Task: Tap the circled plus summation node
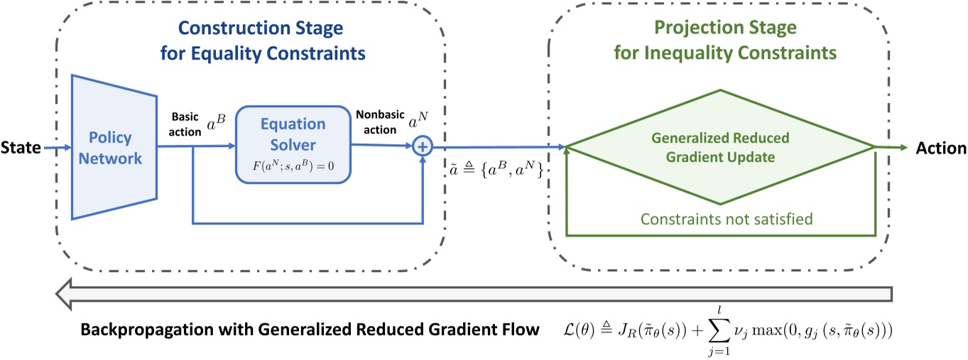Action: (423, 147)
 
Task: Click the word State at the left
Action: (21, 148)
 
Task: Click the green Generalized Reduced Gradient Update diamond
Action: (720, 147)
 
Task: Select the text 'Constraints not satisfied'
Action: (719, 219)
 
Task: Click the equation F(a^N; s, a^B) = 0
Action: (293, 173)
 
